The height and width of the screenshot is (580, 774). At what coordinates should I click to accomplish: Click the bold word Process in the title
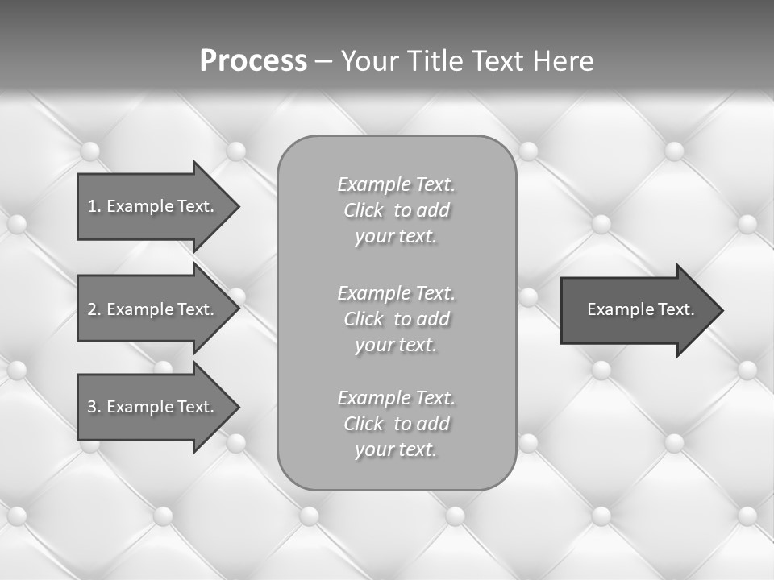pyautogui.click(x=253, y=61)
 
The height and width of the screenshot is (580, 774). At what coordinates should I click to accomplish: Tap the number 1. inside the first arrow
pyautogui.click(x=94, y=206)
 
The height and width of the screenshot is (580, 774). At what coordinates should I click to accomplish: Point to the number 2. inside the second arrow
pyautogui.click(x=94, y=309)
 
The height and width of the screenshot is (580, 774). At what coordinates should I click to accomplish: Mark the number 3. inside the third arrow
pyautogui.click(x=94, y=407)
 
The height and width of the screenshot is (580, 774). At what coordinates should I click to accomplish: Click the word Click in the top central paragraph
pyautogui.click(x=364, y=210)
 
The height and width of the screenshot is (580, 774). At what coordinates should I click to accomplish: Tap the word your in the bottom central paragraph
pyautogui.click(x=373, y=450)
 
